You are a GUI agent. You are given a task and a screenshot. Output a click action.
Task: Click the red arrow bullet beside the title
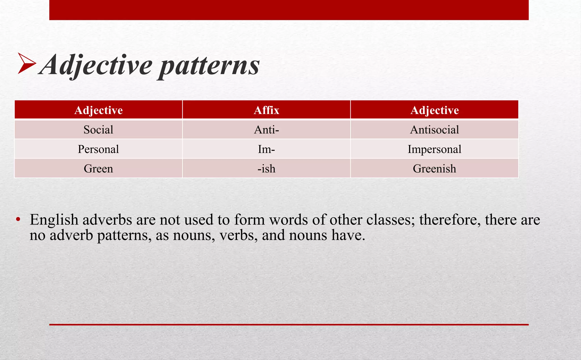(x=26, y=64)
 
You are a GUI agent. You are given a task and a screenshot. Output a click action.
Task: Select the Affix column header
(x=266, y=110)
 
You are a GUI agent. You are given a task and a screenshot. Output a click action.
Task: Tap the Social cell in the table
(x=98, y=130)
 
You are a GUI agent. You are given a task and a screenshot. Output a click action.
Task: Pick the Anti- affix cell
(x=266, y=130)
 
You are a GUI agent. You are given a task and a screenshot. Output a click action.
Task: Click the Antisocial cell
(x=434, y=130)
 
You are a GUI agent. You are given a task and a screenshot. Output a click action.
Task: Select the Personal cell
(x=98, y=149)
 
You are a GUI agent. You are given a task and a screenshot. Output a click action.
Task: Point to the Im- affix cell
(x=266, y=149)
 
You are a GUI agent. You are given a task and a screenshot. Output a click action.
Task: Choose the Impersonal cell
(x=434, y=149)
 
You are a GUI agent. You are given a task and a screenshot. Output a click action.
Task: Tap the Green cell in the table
(x=98, y=169)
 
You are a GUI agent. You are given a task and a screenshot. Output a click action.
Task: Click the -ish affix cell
(x=266, y=169)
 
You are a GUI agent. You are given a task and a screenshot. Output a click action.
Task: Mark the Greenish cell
(x=434, y=169)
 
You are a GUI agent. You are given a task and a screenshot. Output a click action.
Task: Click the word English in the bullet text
(x=54, y=220)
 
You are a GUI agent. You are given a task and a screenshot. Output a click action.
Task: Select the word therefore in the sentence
(x=450, y=220)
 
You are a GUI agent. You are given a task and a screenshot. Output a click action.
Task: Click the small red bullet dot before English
(x=18, y=219)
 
